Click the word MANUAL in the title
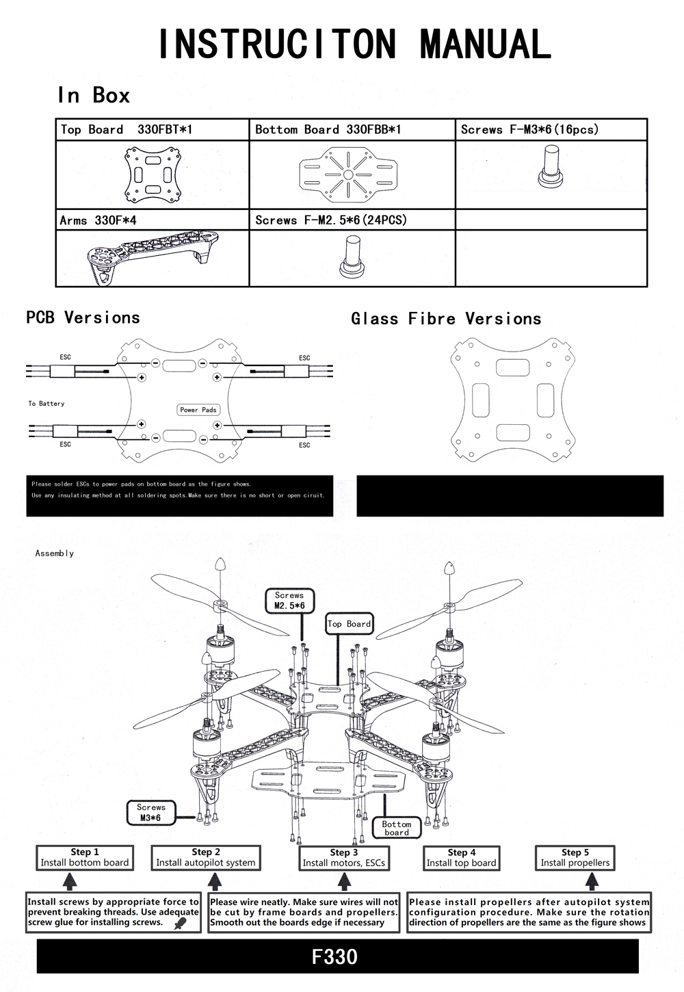click(485, 44)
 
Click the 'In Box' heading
click(94, 95)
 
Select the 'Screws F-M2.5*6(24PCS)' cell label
click(331, 220)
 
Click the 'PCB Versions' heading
click(83, 317)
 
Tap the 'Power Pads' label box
click(198, 410)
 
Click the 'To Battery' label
click(47, 404)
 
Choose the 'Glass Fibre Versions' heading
click(446, 319)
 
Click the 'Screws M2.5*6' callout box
click(289, 601)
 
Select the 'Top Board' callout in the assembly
click(350, 624)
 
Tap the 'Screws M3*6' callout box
click(151, 813)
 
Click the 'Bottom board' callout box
click(397, 828)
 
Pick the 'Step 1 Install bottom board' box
click(85, 857)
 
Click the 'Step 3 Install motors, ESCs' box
click(344, 858)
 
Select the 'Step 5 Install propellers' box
click(575, 857)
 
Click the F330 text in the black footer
click(334, 956)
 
